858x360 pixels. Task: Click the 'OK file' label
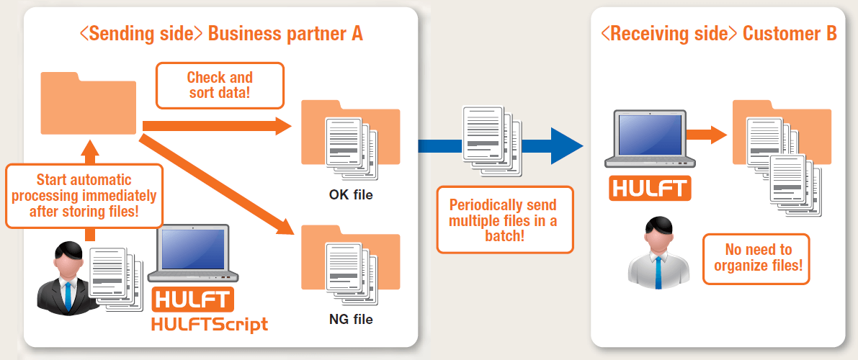[x=351, y=194]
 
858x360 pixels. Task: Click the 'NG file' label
[x=351, y=319]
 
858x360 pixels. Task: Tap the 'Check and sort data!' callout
[x=220, y=85]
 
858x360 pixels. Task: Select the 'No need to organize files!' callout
[x=757, y=258]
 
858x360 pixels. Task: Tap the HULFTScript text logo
[x=210, y=324]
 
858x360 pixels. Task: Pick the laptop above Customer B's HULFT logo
[x=649, y=140]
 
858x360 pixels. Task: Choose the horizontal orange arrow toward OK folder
[x=216, y=127]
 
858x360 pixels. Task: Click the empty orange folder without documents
[x=89, y=105]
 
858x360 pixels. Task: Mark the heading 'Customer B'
[x=790, y=33]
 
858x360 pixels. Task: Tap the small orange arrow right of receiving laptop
[x=705, y=134]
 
